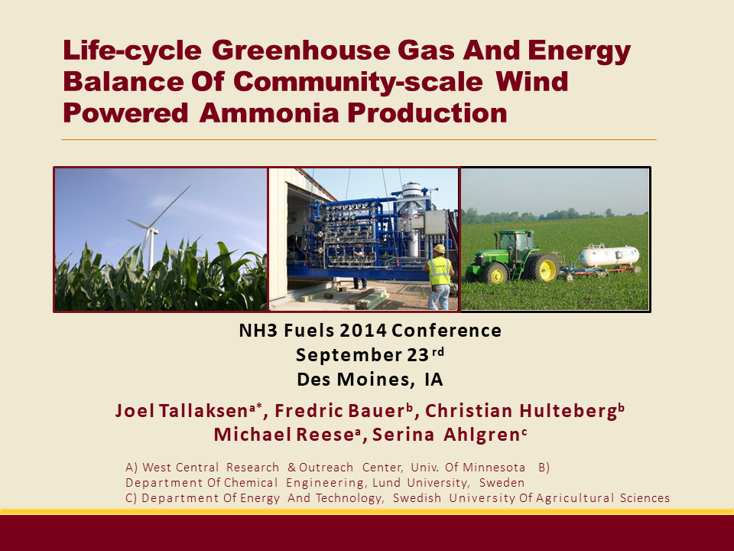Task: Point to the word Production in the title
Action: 427,112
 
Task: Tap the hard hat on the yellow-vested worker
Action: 439,249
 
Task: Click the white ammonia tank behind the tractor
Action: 608,256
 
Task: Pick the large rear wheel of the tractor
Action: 546,269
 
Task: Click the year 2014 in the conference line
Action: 362,331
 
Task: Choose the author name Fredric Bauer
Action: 340,411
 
